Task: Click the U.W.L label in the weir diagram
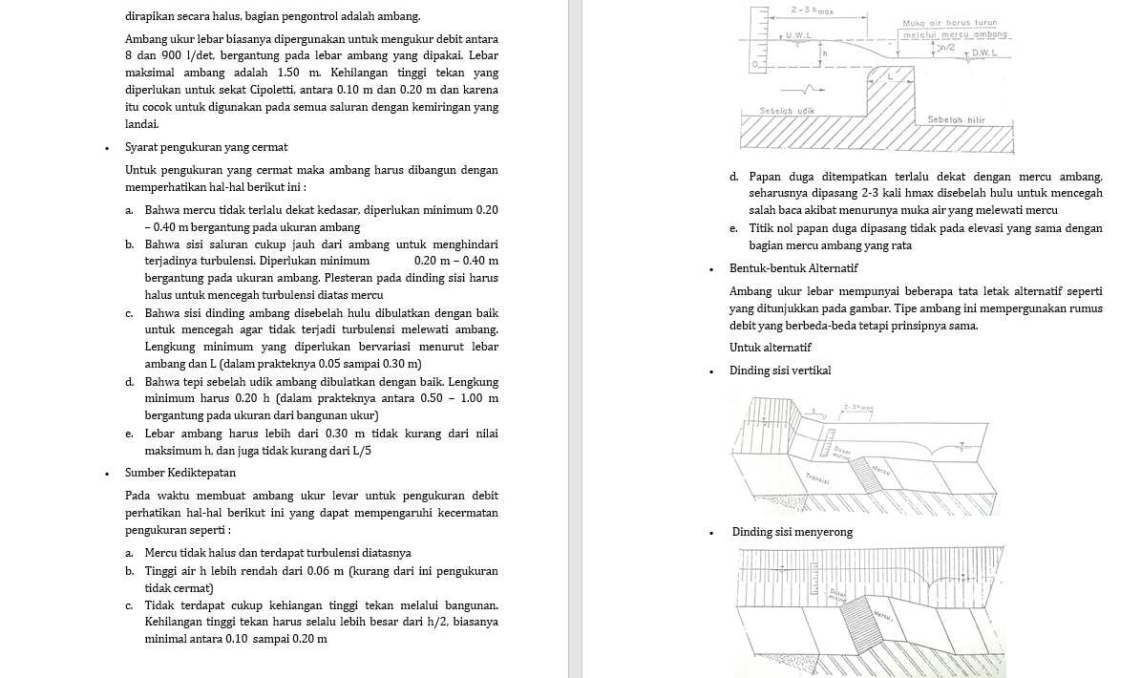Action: click(x=798, y=35)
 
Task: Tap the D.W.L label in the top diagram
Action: click(x=983, y=53)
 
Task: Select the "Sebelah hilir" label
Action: click(x=956, y=119)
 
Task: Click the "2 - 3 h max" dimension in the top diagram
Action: click(x=811, y=10)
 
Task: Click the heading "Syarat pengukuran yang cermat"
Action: click(x=206, y=147)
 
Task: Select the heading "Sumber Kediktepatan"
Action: click(x=180, y=473)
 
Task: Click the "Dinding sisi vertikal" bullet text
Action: click(x=780, y=371)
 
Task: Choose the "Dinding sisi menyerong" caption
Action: click(x=792, y=532)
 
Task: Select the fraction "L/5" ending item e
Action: click(x=360, y=451)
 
